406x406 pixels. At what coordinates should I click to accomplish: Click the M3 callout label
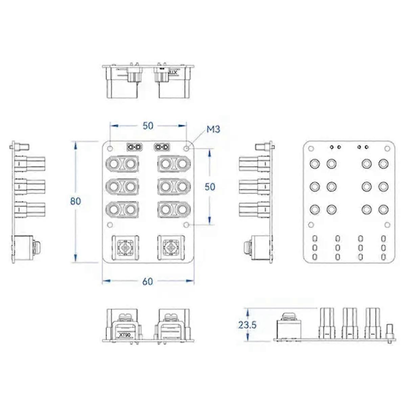tap(213, 129)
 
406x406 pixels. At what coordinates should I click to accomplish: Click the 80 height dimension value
tap(75, 201)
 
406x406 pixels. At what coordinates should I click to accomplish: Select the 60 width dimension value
tap(148, 281)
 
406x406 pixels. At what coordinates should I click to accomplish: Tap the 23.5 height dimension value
tap(247, 325)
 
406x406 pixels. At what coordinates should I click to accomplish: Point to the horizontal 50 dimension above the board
tap(148, 126)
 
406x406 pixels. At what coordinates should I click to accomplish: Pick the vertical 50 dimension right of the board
tap(210, 187)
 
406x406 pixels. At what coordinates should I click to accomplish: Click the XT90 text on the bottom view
tap(125, 335)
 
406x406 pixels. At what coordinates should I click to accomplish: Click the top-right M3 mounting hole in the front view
tap(186, 148)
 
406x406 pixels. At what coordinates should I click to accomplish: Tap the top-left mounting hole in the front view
tap(110, 148)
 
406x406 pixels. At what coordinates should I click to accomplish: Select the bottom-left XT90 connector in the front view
tap(126, 248)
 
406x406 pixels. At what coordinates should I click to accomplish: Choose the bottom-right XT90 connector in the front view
tap(171, 248)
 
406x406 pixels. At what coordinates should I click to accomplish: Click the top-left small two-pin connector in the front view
tap(135, 147)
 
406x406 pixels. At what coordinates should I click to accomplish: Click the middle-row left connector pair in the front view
tap(122, 187)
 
